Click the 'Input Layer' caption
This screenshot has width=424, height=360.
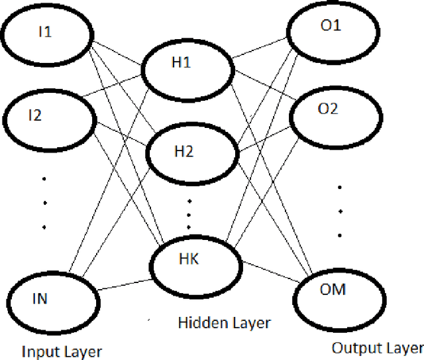62,350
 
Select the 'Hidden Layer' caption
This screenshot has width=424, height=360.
224,323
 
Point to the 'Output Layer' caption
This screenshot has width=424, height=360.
376,348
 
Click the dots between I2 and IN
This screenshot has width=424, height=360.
44,202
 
